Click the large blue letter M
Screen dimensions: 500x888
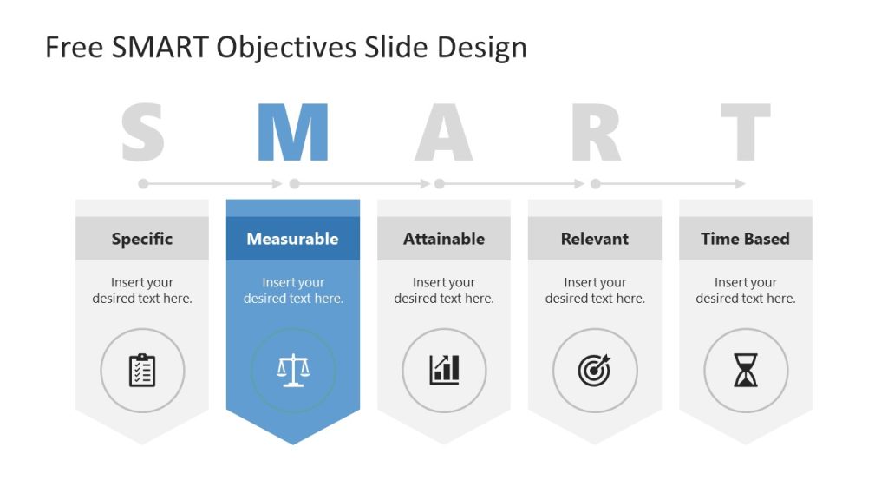click(293, 133)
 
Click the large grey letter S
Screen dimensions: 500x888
click(142, 133)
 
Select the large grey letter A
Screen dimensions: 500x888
click(443, 133)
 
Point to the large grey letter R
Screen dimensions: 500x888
click(596, 133)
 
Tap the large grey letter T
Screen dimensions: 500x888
click(746, 133)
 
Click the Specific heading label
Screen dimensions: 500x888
click(142, 239)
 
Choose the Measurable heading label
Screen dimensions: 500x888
click(293, 239)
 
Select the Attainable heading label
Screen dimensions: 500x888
click(444, 239)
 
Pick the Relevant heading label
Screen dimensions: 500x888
click(595, 239)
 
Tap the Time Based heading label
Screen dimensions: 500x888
click(746, 239)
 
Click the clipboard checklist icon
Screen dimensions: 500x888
click(142, 371)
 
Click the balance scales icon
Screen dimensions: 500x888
click(293, 371)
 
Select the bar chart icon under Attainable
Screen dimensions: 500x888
click(444, 371)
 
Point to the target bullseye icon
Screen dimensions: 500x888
click(595, 371)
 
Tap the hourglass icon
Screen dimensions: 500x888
click(746, 371)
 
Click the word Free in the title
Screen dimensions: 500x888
click(75, 47)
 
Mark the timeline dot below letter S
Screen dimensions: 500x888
click(143, 183)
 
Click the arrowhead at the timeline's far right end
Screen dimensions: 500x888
click(741, 183)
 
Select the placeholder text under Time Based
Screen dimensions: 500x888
click(746, 290)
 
